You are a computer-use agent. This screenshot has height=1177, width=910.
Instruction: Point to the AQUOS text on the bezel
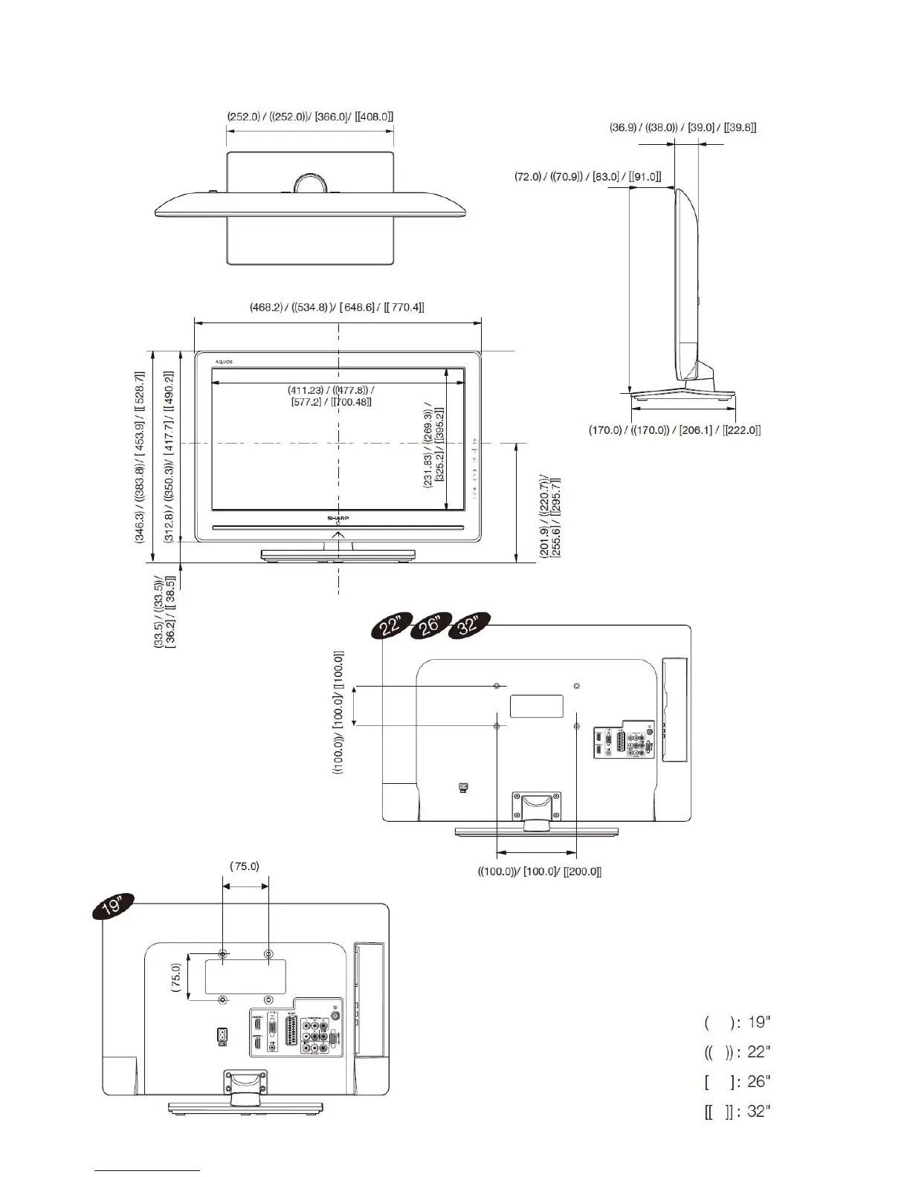tap(224, 362)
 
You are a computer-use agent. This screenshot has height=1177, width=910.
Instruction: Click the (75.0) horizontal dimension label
tap(245, 866)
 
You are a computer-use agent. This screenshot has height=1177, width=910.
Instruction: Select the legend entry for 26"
tap(738, 1081)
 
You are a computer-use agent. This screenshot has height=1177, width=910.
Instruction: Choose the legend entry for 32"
tap(738, 1112)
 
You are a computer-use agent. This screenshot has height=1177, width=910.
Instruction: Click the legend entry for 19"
tap(738, 1022)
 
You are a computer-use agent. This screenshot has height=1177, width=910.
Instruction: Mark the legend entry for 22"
tap(738, 1051)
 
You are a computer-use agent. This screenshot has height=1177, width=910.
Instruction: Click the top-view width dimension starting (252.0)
tap(309, 117)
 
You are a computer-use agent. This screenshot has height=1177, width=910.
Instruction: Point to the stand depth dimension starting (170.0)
tap(675, 430)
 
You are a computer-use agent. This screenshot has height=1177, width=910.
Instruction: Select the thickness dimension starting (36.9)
tap(683, 128)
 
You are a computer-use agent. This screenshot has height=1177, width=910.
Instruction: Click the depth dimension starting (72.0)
tap(587, 177)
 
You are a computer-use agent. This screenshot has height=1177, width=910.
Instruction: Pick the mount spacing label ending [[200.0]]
tap(540, 872)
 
